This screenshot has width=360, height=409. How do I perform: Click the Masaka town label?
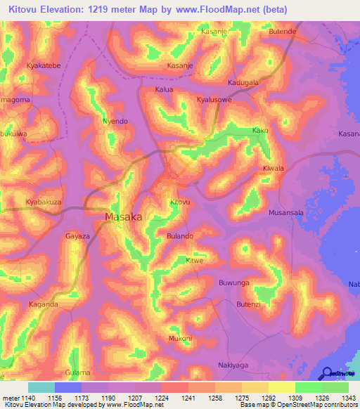coord(123,217)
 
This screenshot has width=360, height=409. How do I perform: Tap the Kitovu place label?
coord(180,202)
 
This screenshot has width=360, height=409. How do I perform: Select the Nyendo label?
coord(115,121)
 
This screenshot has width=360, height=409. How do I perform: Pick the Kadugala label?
coord(243,82)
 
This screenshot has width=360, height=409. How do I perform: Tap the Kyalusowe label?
coord(214,100)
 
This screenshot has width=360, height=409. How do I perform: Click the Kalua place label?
coord(164,90)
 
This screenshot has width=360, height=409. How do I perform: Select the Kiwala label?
coord(273,169)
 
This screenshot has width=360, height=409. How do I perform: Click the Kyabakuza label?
coord(44,202)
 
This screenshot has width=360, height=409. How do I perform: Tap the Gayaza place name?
coord(78,237)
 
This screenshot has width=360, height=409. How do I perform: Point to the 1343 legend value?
coord(349,397)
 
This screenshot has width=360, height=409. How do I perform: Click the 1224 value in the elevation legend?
coord(161,397)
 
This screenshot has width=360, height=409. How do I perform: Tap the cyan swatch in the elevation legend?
coord(41,387)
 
